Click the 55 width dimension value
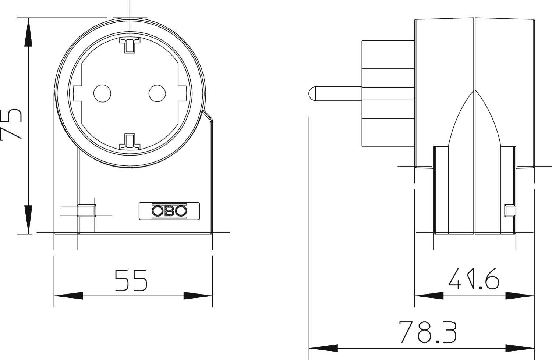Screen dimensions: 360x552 131,280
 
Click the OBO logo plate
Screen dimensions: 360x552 169,211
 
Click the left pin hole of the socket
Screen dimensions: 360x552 102,93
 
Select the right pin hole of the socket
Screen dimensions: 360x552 158,93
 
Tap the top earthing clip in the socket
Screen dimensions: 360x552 130,44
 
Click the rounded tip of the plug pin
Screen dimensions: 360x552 312,93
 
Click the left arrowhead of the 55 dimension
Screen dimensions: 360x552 68,296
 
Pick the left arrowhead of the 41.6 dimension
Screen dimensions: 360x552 429,296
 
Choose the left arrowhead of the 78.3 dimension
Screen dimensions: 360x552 323,348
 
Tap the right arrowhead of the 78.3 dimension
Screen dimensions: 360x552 520,348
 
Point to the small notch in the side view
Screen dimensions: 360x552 509,211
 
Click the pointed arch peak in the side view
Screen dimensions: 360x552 475,90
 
